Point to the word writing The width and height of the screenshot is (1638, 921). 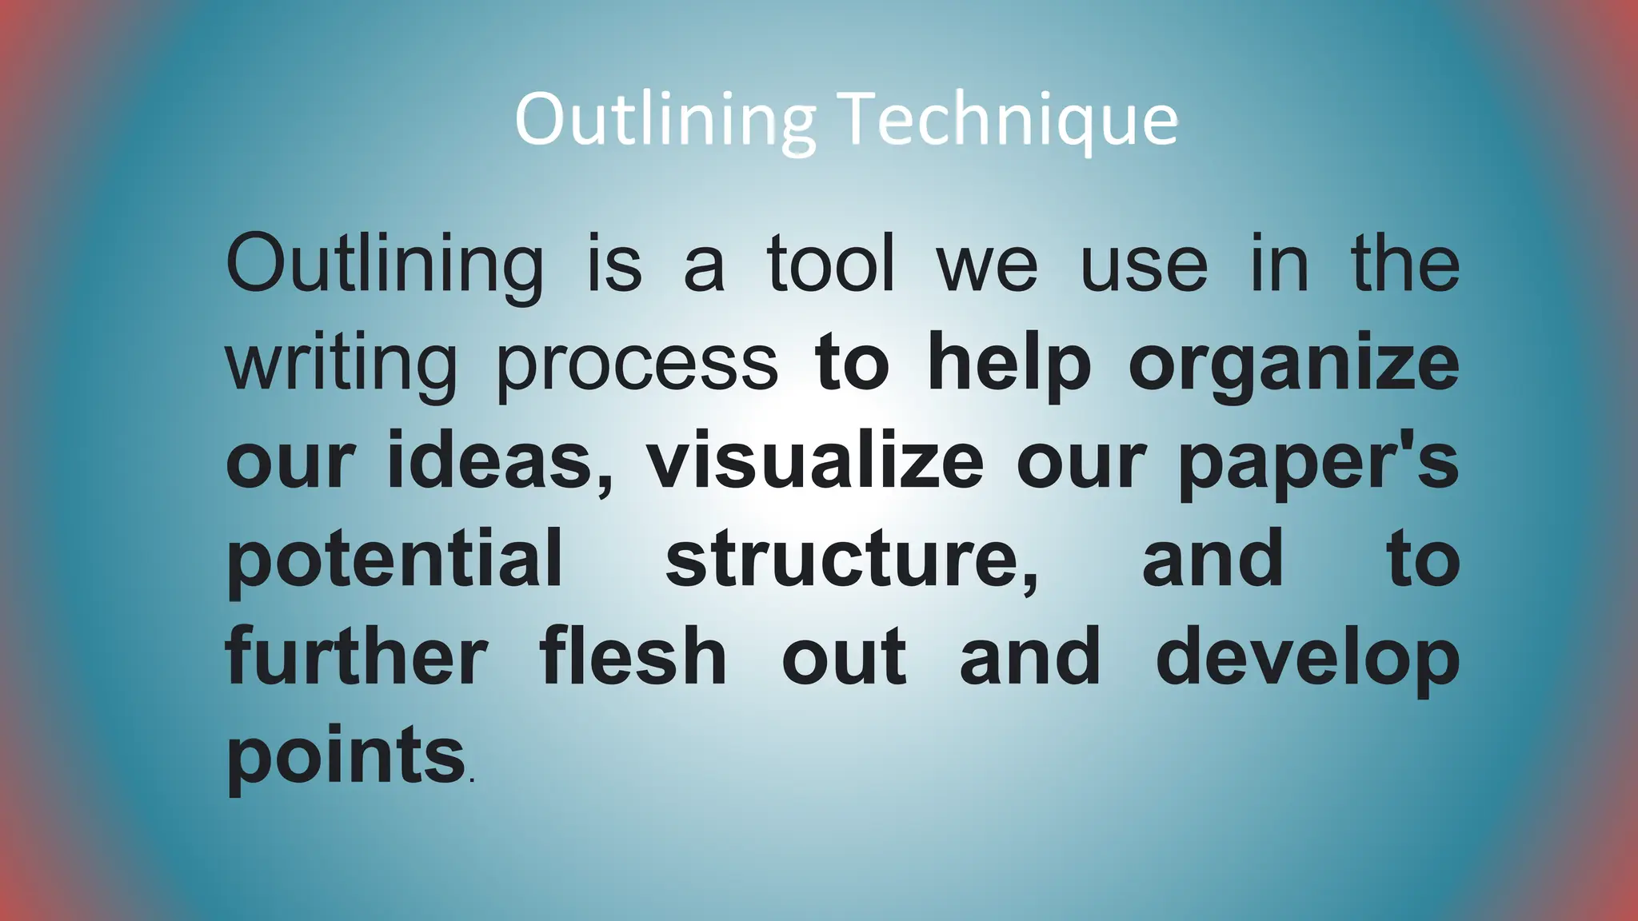342,364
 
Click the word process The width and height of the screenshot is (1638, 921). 637,364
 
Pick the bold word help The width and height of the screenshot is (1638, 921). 1009,364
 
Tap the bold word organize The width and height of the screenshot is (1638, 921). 1293,364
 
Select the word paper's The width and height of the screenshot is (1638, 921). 1319,462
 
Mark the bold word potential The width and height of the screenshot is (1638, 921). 395,560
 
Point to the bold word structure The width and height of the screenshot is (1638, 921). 852,560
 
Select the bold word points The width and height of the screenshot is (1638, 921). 346,756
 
